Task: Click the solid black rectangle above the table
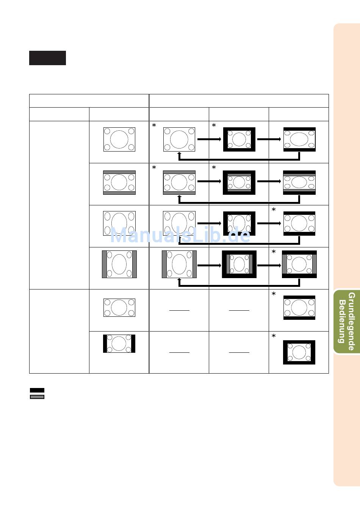[47, 58]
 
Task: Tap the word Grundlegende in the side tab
[352, 321]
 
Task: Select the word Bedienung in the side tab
[342, 321]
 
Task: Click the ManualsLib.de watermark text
[180, 236]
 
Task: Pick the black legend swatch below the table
[37, 390]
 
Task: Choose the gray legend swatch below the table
[37, 397]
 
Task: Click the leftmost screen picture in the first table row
[119, 139]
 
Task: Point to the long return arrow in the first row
[239, 159]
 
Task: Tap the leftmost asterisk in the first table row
[154, 125]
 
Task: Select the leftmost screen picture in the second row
[119, 183]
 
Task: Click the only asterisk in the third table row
[274, 210]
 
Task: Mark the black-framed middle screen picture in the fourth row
[239, 264]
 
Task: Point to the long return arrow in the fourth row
[239, 285]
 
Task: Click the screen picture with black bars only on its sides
[119, 344]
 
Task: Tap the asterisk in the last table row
[274, 336]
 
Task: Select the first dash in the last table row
[179, 352]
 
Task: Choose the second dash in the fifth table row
[239, 310]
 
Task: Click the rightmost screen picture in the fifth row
[299, 308]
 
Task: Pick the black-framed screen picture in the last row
[299, 352]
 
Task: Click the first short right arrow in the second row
[209, 181]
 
